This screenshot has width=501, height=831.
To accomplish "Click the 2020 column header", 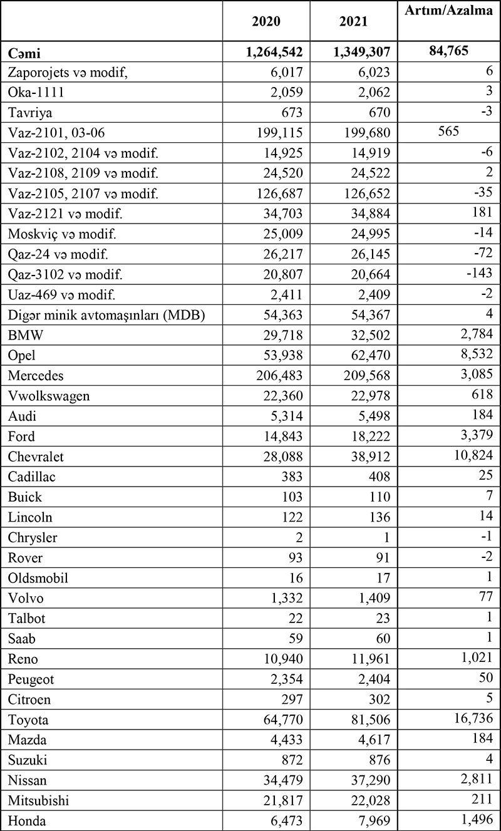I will click(266, 21).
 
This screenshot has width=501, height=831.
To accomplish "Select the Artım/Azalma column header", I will click(448, 12).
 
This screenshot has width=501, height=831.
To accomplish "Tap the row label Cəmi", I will click(24, 52).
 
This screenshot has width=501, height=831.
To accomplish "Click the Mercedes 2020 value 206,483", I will click(276, 376).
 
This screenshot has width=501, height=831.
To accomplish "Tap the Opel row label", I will click(23, 356).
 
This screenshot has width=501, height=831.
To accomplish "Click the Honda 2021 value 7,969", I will click(373, 820).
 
